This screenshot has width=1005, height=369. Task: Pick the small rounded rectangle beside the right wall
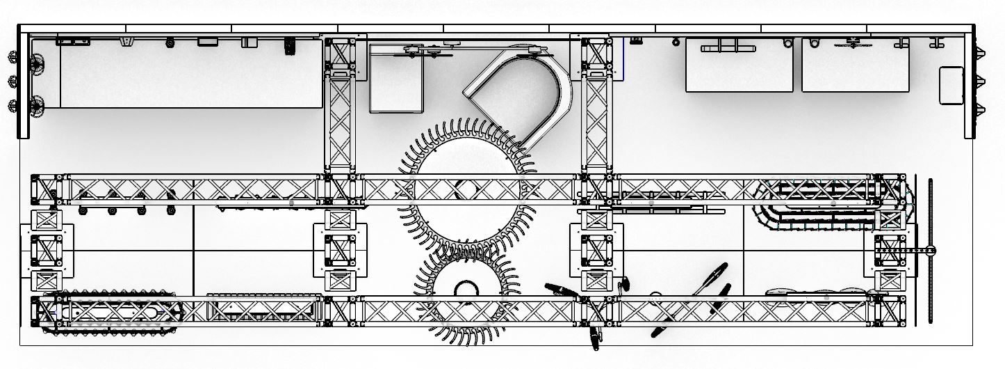(x=951, y=85)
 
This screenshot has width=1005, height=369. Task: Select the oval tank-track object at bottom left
(x=111, y=311)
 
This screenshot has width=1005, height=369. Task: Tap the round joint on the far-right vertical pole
(x=931, y=251)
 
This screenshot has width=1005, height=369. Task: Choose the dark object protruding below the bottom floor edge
(x=596, y=338)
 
